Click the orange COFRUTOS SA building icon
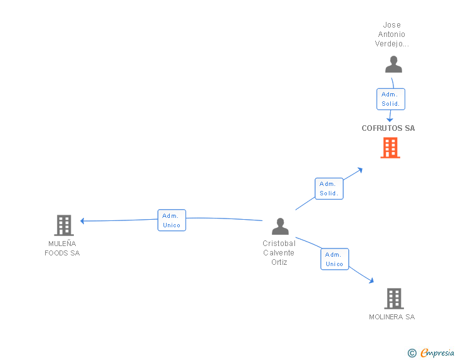pos(390,148)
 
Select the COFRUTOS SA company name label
pos(388,128)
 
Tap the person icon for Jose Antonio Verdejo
pos(393,64)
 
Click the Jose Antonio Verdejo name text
pos(391,34)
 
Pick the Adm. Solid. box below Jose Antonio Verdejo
pos(390,99)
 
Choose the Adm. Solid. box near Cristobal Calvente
pos(328,188)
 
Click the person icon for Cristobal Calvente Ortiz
pos(280,226)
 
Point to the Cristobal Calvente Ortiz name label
pos(279,253)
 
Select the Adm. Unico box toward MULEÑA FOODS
pos(171,220)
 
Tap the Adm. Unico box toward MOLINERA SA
pos(334,259)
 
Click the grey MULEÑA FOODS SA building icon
pos(64,225)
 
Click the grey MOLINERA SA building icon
pos(393,299)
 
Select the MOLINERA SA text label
pos(391,317)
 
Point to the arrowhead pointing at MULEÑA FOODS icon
pos(83,220)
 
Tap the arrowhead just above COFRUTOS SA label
pos(390,119)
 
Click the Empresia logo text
pos(437,352)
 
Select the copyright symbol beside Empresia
pos(412,353)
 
